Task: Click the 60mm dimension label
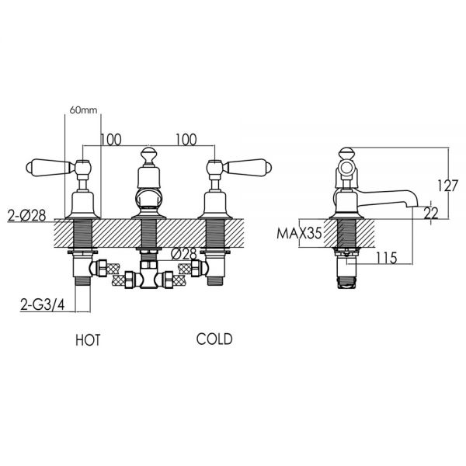(83, 110)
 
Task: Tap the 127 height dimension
(448, 186)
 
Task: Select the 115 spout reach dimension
(387, 258)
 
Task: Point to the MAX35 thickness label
(299, 233)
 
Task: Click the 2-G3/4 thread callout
(43, 304)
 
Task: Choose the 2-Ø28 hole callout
(26, 215)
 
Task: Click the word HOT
(88, 340)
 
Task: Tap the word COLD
(214, 339)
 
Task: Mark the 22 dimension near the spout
(430, 213)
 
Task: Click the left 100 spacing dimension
(111, 140)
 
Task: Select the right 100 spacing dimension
(186, 140)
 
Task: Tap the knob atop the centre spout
(148, 155)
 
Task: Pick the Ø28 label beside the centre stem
(184, 254)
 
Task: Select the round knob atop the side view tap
(347, 154)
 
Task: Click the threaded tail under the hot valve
(82, 281)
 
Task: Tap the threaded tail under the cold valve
(215, 281)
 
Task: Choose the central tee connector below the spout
(148, 274)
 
